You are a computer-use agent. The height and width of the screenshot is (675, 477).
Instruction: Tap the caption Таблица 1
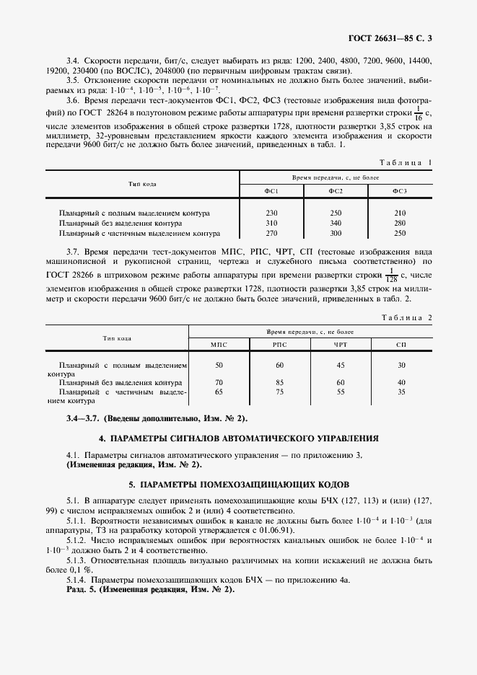(405, 163)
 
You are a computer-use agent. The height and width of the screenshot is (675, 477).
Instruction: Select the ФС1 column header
(271, 191)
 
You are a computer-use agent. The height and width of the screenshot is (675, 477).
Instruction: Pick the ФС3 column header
(399, 191)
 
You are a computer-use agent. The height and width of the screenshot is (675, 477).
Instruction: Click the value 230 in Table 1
(271, 213)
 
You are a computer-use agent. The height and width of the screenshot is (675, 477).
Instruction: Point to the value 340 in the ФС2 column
(336, 224)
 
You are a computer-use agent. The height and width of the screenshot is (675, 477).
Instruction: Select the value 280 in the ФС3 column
(399, 224)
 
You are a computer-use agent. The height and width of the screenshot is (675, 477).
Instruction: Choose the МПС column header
(219, 345)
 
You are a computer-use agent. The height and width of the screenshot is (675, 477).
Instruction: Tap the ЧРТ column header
(341, 345)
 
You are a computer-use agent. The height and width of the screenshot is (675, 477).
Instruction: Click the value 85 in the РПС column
(279, 382)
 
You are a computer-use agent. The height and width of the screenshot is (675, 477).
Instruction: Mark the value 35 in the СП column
(401, 392)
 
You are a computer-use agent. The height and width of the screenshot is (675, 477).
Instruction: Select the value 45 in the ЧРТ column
(341, 366)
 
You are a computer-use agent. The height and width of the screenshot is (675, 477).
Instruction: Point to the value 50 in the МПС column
(219, 366)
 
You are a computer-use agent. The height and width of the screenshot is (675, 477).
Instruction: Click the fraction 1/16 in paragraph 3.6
(418, 112)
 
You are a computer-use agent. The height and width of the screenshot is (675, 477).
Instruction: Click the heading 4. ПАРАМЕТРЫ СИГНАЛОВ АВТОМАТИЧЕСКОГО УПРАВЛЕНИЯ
(238, 438)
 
